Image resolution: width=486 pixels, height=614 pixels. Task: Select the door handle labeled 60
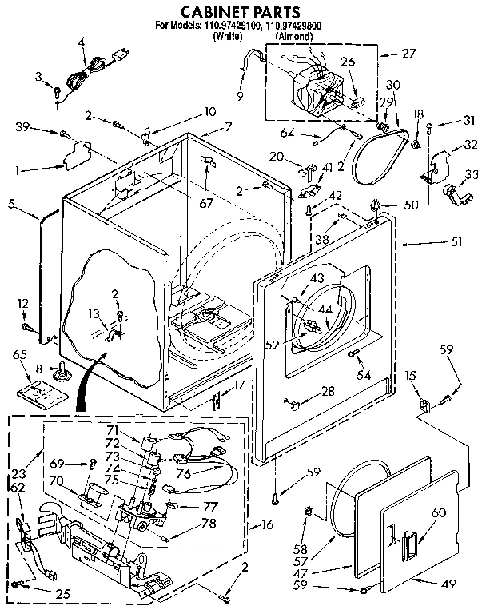click(408, 547)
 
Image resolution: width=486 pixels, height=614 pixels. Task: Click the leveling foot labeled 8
click(59, 370)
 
